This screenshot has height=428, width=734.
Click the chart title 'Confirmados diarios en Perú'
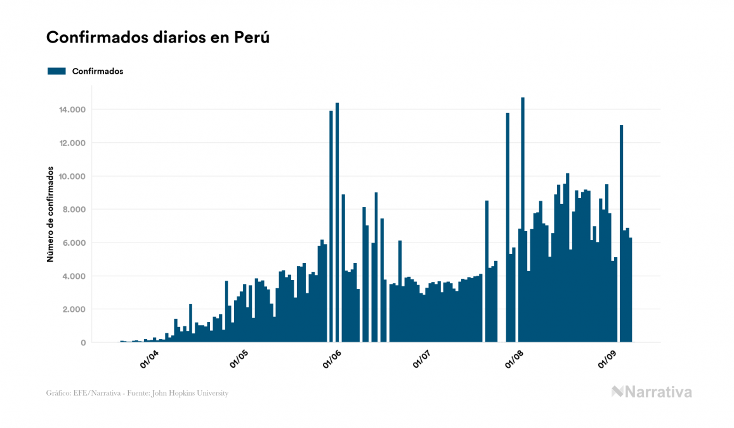[158, 38]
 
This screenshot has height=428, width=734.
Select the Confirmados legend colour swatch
[56, 71]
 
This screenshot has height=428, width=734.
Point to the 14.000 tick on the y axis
[70, 110]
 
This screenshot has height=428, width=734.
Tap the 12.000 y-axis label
[70, 143]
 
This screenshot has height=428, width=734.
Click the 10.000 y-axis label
[70, 177]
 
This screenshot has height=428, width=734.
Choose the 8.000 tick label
[72, 210]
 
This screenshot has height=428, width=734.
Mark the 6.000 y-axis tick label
[72, 243]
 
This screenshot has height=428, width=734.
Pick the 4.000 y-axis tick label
[72, 276]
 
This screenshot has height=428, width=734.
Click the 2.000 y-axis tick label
[72, 310]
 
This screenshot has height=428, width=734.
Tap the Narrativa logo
[652, 392]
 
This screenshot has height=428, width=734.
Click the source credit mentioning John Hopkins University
[137, 393]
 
